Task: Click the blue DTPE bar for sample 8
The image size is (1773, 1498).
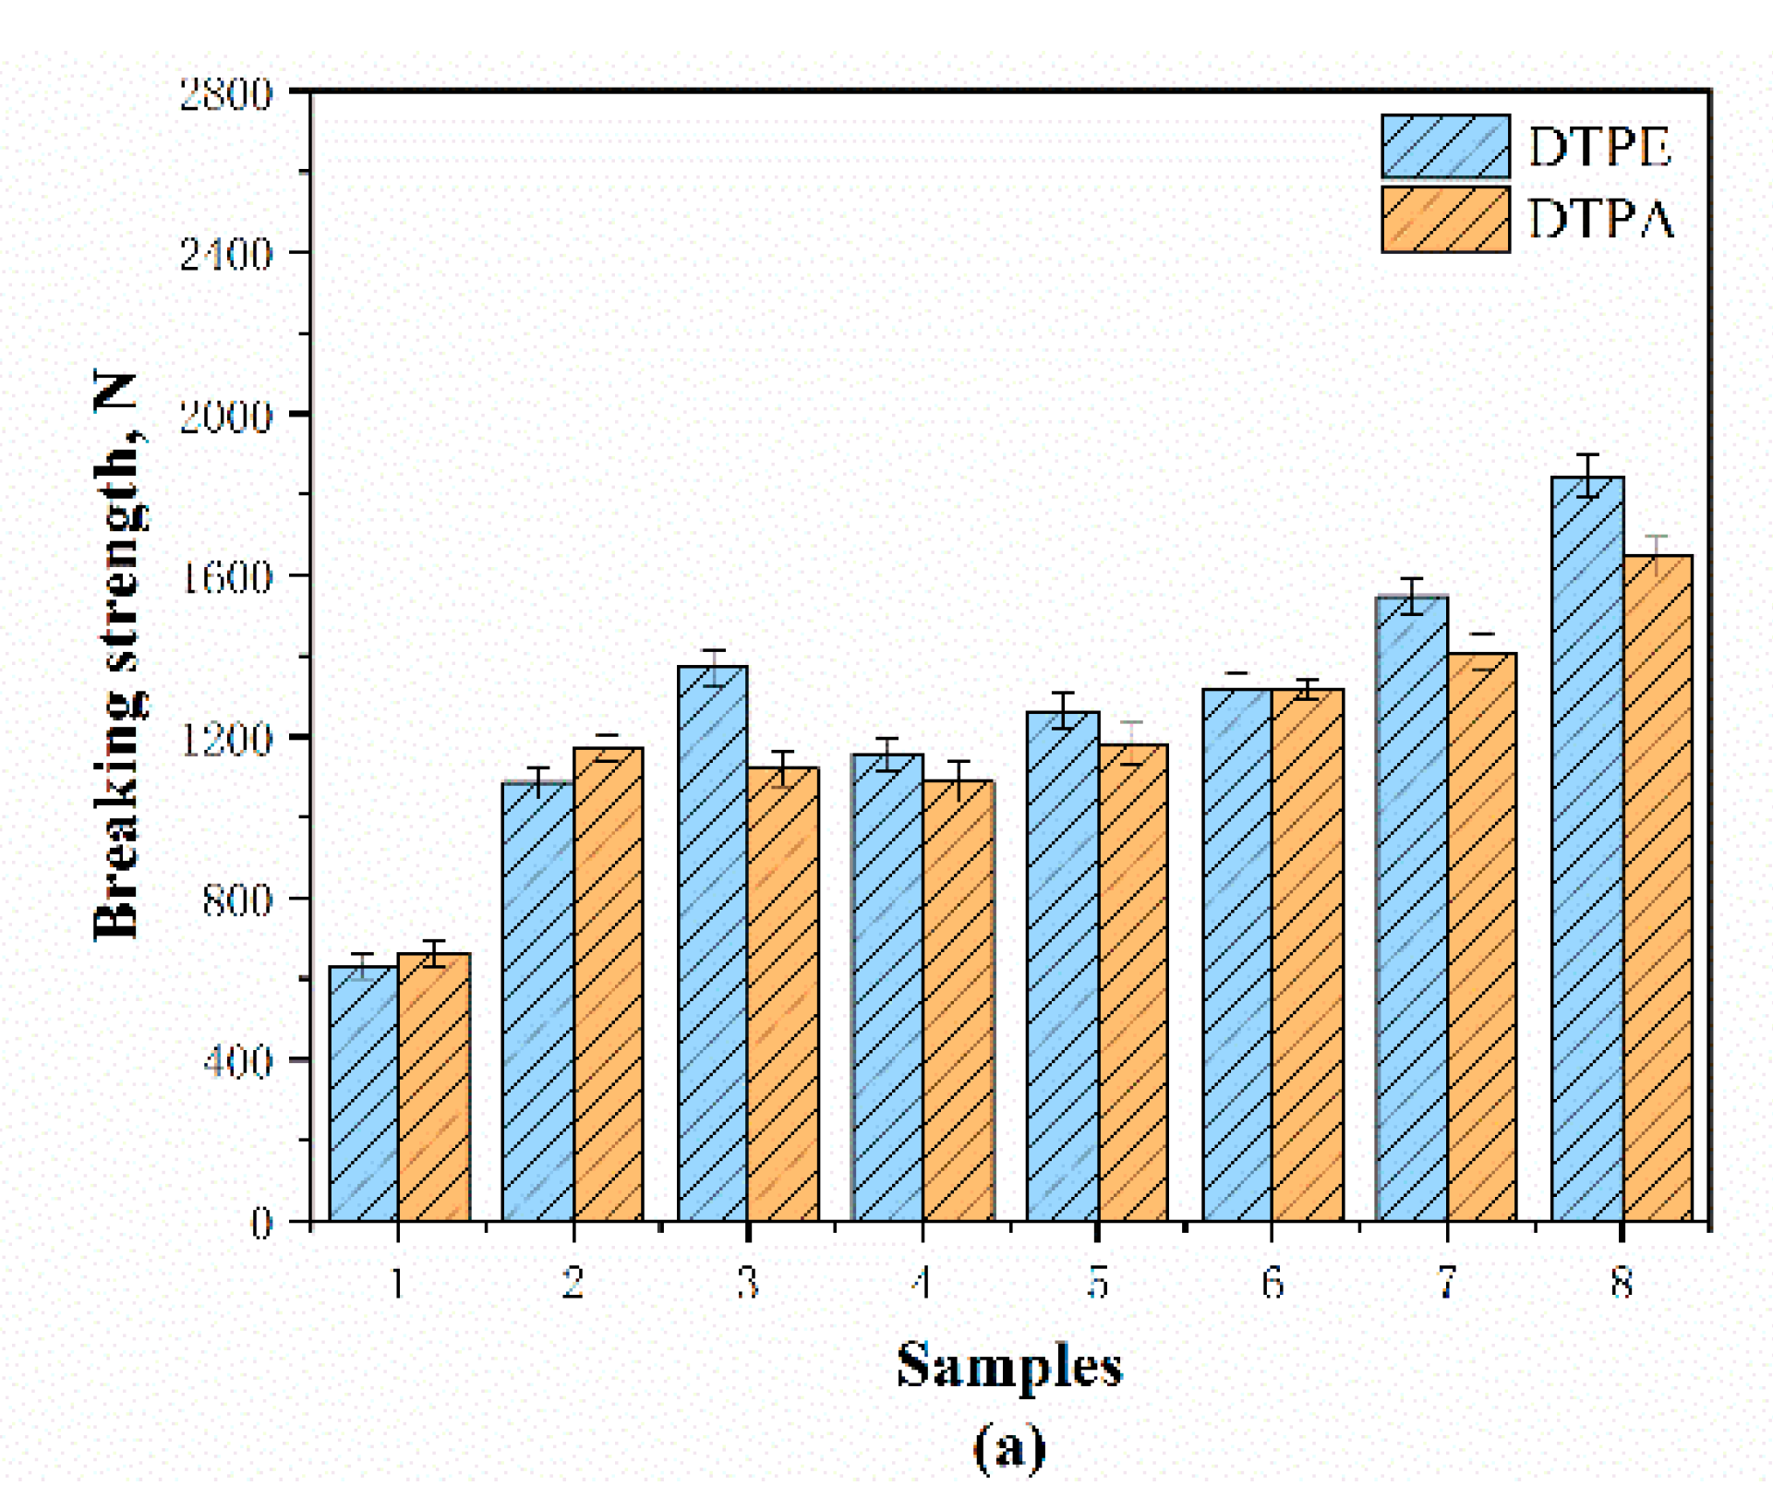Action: [x=1587, y=850]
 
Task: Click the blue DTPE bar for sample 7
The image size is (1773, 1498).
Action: [x=1412, y=909]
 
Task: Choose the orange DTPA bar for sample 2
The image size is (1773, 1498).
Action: [x=609, y=985]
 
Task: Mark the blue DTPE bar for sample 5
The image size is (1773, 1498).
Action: [x=1063, y=966]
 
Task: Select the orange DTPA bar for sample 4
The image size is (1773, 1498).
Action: [x=959, y=1001]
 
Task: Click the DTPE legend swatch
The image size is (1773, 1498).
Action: [x=1445, y=146]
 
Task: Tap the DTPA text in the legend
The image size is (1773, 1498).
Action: [x=1600, y=220]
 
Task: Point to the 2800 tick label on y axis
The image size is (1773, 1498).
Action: [x=226, y=94]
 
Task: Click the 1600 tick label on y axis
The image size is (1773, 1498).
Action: [x=226, y=577]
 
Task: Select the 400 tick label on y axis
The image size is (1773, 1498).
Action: [x=237, y=1061]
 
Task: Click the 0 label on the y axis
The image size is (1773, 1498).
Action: [x=262, y=1224]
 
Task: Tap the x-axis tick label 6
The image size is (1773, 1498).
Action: [x=1272, y=1283]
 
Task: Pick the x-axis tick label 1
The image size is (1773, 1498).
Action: [x=398, y=1283]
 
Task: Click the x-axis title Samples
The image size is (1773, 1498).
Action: [x=1009, y=1366]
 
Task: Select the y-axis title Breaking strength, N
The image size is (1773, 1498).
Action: [x=118, y=656]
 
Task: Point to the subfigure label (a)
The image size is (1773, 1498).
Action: [x=1009, y=1447]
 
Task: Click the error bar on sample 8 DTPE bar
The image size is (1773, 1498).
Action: [x=1587, y=476]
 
